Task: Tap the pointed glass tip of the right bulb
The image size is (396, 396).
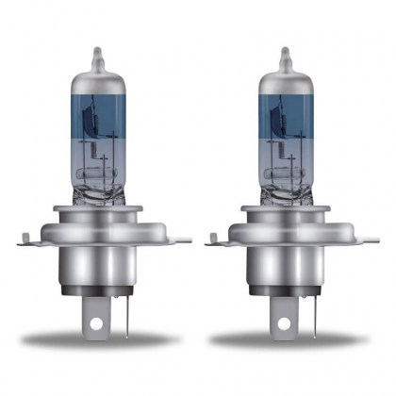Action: [282, 49]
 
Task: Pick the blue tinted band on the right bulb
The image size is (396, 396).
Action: [284, 123]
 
